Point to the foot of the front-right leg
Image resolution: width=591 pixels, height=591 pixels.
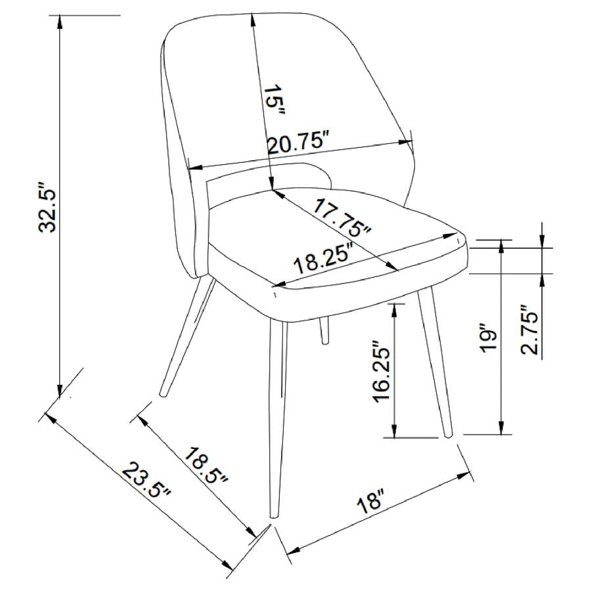449,433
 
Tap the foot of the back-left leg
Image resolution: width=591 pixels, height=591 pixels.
164,394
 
